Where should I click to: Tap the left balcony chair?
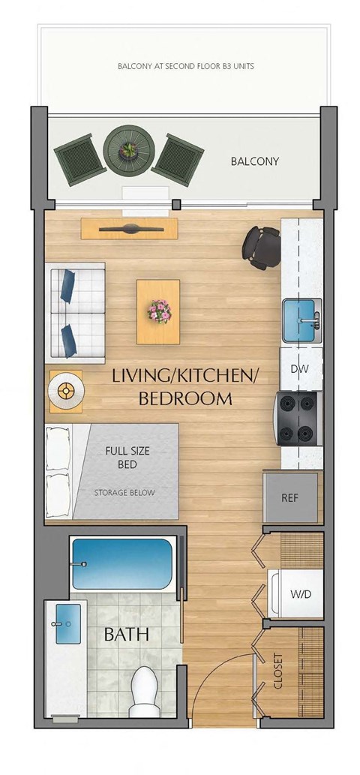pos(79,159)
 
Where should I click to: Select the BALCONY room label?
pos(254,161)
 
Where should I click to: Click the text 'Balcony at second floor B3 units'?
pos(185,66)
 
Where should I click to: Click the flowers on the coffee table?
pos(158,310)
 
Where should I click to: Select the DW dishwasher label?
pos(300,369)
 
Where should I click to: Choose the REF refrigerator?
pos(290,497)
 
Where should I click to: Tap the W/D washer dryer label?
pos(301,593)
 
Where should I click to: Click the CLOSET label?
pos(279,671)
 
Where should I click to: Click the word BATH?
pos(126,635)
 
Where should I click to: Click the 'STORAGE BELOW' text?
pos(124,493)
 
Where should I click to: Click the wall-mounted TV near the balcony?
pos(129,228)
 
